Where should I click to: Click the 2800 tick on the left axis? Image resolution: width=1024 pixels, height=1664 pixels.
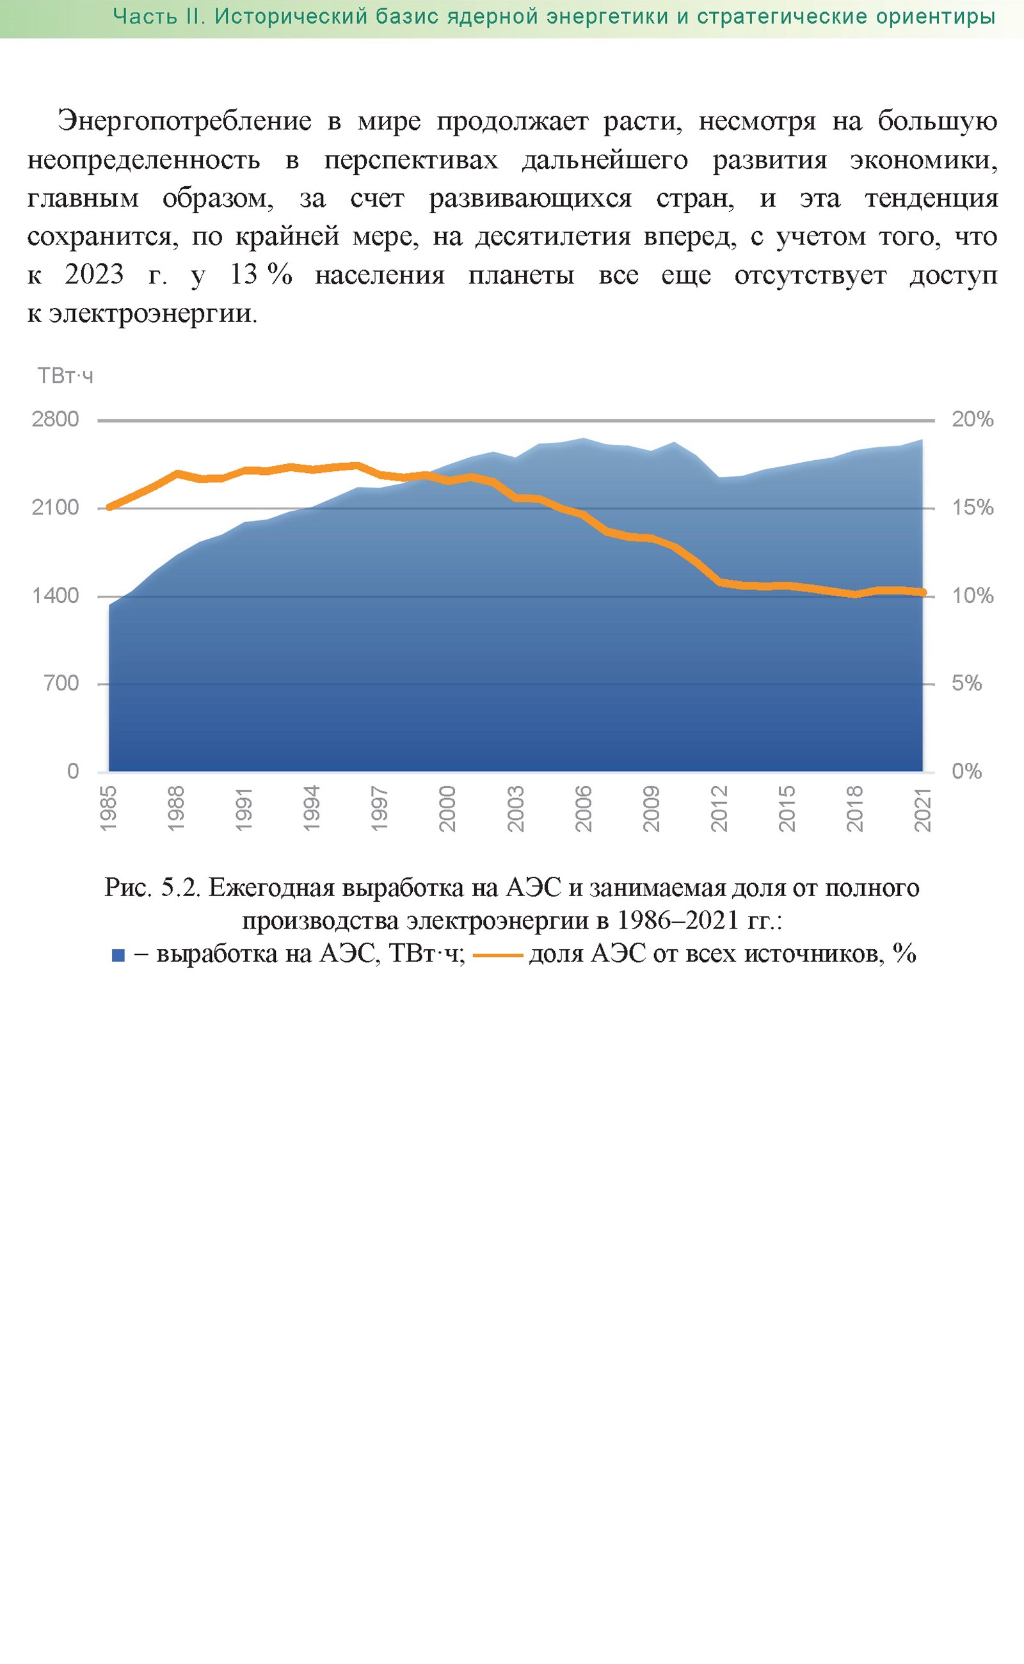56,419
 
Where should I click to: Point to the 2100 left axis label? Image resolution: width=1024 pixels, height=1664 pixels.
56,508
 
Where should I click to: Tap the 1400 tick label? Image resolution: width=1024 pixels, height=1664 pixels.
56,595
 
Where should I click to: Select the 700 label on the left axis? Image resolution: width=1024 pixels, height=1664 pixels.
61,683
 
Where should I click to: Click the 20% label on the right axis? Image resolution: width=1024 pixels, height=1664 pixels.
973,419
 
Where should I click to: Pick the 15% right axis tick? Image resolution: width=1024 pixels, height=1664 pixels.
973,508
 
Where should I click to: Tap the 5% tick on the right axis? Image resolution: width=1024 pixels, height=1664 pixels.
966,683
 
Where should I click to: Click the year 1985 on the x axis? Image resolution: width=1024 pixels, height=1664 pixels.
108,808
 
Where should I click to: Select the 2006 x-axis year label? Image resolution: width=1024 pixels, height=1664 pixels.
583,808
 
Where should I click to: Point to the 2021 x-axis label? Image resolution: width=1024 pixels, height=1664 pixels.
922,808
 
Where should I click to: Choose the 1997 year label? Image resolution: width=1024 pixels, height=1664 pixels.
380,808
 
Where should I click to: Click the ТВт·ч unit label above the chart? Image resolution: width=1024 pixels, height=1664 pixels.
65,376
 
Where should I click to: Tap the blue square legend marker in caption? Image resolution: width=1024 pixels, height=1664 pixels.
118,956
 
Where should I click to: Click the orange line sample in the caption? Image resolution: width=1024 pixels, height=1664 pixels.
498,956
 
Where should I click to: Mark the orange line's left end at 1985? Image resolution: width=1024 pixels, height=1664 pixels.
109,507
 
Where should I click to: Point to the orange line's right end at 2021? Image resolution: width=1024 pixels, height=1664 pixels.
922,593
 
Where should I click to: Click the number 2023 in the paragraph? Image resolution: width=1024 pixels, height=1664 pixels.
94,275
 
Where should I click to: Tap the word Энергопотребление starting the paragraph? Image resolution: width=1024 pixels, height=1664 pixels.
184,122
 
